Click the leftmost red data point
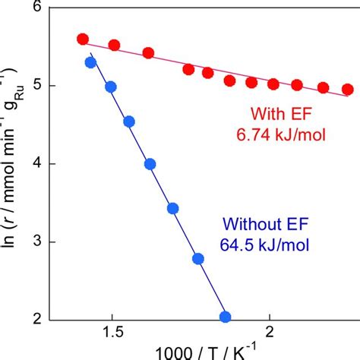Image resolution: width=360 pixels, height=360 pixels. (83, 39)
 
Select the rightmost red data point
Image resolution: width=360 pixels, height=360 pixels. (348, 89)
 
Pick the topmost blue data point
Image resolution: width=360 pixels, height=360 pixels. (90, 62)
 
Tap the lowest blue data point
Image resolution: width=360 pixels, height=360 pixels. (225, 317)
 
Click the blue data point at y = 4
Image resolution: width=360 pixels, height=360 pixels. (150, 164)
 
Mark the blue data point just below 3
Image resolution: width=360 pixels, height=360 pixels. (198, 259)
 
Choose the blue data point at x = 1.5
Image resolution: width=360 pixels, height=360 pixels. (111, 87)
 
